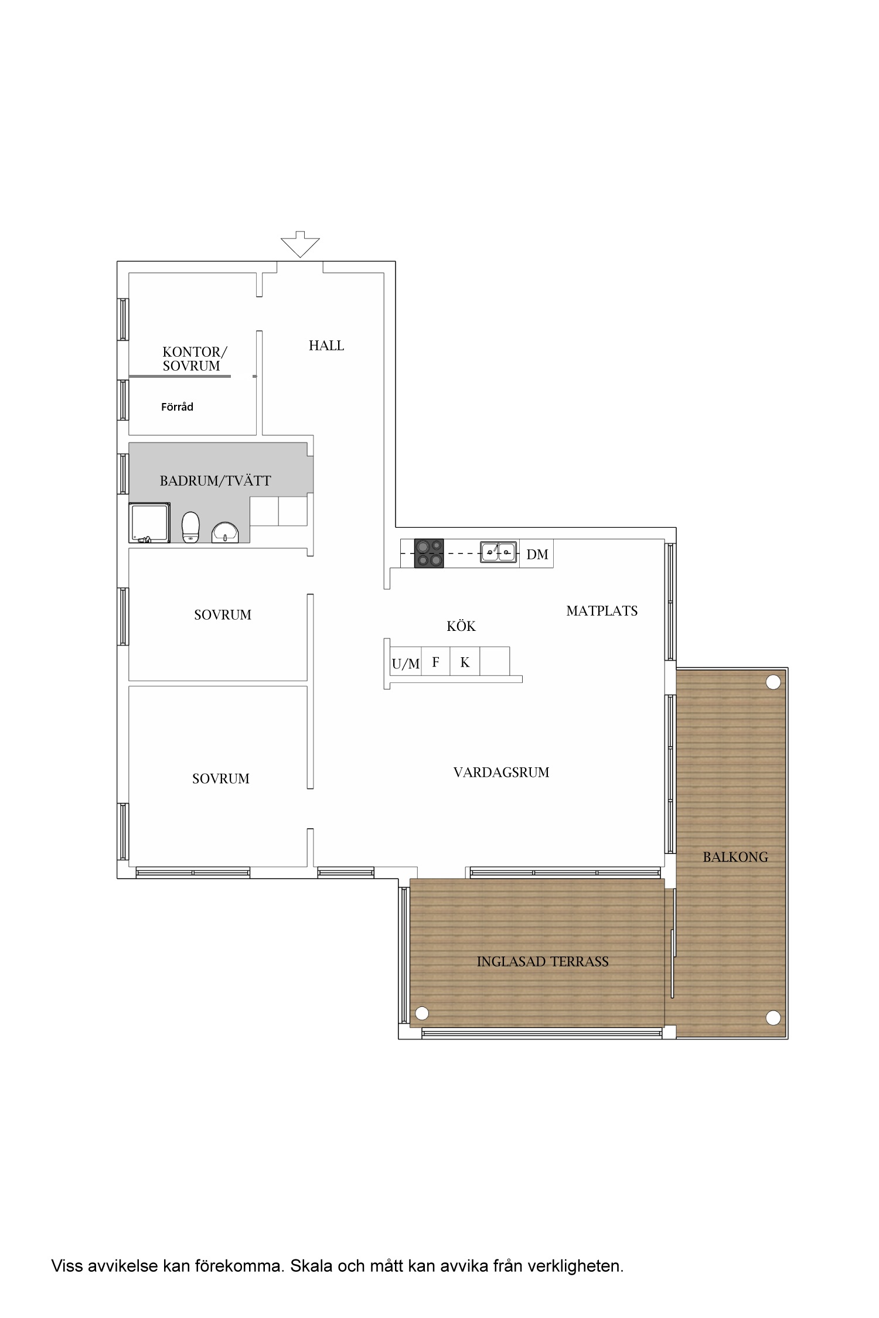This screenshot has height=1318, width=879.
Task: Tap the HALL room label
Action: click(x=326, y=346)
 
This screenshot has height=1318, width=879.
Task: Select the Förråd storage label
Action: click(x=177, y=407)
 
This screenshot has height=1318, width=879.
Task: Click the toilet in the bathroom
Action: click(x=190, y=527)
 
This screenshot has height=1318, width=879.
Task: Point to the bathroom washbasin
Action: click(x=225, y=532)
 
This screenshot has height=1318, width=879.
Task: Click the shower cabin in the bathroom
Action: click(x=150, y=523)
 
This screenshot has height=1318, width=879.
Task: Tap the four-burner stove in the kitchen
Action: click(x=429, y=553)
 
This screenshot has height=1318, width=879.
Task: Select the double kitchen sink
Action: click(x=499, y=552)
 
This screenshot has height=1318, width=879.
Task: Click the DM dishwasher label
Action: click(x=537, y=554)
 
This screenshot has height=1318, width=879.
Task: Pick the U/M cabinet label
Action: click(x=406, y=664)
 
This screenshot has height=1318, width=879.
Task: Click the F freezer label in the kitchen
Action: click(x=435, y=662)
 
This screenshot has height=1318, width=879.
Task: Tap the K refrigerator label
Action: click(x=465, y=662)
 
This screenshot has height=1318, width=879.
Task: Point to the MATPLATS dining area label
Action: click(x=602, y=611)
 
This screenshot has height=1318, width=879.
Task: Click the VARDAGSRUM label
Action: click(x=502, y=772)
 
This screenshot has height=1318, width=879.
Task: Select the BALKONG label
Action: click(x=735, y=857)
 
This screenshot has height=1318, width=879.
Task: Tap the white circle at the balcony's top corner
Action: click(x=774, y=682)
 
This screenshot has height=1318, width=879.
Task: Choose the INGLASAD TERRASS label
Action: click(x=543, y=961)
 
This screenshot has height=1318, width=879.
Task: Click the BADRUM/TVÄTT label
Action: click(x=216, y=481)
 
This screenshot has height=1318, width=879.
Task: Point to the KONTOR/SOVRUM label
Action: click(x=195, y=359)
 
